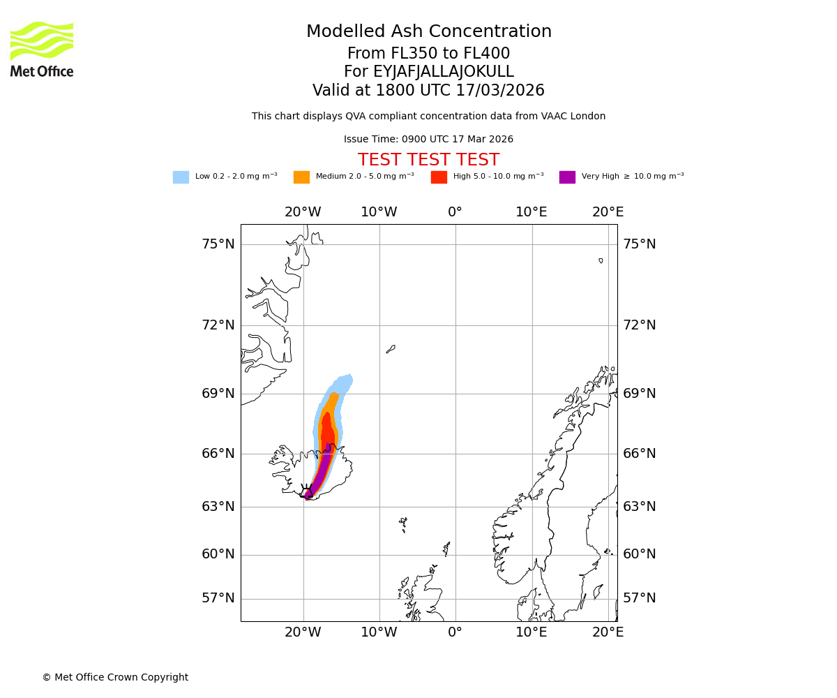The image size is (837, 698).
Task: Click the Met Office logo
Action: pyautogui.click(x=42, y=49)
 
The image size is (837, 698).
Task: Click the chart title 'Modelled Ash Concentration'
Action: pyautogui.click(x=428, y=32)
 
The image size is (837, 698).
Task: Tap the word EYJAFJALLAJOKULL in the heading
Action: pyautogui.click(x=428, y=72)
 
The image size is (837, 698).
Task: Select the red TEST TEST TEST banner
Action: pyautogui.click(x=428, y=160)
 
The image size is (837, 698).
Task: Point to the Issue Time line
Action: pyautogui.click(x=428, y=140)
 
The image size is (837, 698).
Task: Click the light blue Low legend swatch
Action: pyautogui.click(x=181, y=177)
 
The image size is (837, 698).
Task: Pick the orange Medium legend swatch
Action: pyautogui.click(x=301, y=177)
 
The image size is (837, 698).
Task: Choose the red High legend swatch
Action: pyautogui.click(x=439, y=177)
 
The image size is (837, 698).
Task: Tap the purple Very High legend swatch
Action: pyautogui.click(x=567, y=177)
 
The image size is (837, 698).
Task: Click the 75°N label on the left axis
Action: pyautogui.click(x=218, y=244)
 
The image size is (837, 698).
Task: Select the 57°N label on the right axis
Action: pyautogui.click(x=640, y=598)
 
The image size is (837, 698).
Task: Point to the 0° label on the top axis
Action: pyautogui.click(x=455, y=212)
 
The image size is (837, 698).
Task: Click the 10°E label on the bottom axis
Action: pyautogui.click(x=531, y=632)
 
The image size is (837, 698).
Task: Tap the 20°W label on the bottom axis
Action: pyautogui.click(x=303, y=632)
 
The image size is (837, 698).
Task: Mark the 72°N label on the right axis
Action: pyautogui.click(x=640, y=325)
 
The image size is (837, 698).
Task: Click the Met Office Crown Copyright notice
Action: pyautogui.click(x=115, y=678)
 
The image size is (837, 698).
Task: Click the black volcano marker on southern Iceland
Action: pyautogui.click(x=306, y=491)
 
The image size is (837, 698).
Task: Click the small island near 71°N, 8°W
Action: pyautogui.click(x=391, y=349)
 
